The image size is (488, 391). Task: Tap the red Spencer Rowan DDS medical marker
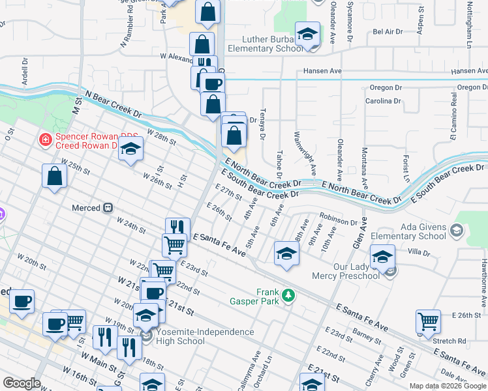coord(45,138)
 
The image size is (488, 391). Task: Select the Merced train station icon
coord(108,208)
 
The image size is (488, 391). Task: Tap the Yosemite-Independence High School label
coord(204,337)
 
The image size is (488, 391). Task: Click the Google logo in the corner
coord(22,383)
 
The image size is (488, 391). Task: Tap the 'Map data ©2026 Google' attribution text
coord(448,386)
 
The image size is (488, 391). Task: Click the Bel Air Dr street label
coord(386,31)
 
